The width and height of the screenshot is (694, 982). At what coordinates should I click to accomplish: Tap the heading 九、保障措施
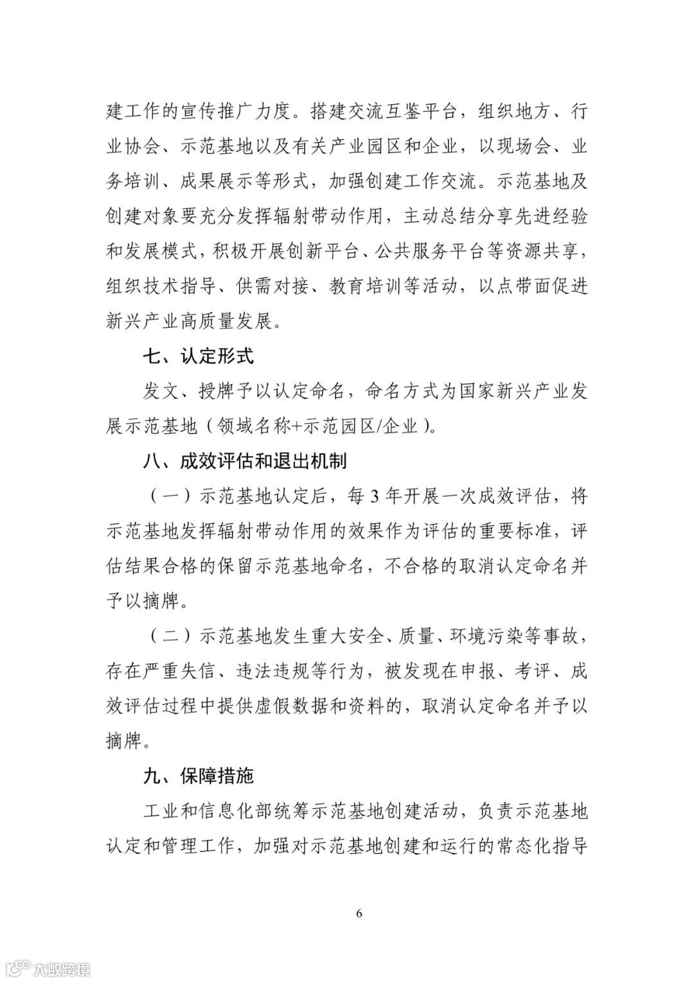pos(197,776)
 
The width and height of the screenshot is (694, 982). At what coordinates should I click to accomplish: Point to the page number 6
pos(359,913)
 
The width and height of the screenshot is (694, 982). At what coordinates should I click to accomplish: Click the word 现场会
pos(524,147)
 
